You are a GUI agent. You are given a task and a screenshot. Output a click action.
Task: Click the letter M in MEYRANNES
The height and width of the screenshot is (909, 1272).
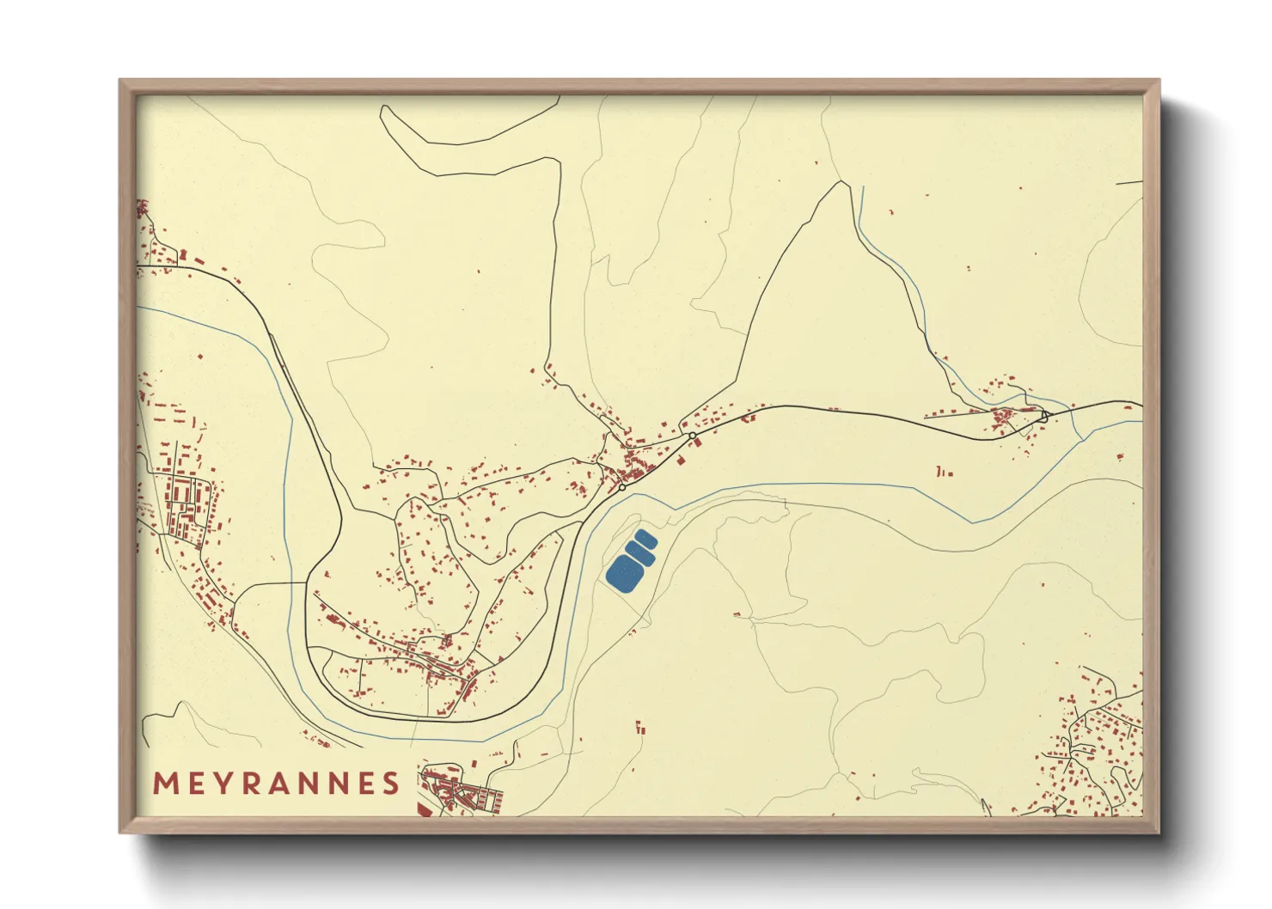[165, 784]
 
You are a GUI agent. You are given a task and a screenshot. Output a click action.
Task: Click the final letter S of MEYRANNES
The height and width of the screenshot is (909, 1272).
[392, 784]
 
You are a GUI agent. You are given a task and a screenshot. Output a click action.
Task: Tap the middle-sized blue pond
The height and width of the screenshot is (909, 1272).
[639, 554]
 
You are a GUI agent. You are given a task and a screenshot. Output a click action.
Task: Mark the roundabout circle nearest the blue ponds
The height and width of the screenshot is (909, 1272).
[621, 488]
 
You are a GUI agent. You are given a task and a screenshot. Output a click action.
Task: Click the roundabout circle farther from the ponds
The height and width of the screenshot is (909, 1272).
[692, 436]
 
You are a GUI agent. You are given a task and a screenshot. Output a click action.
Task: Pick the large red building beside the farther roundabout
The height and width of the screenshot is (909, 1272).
[698, 443]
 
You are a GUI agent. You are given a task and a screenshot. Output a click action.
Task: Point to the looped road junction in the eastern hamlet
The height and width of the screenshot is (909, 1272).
[1045, 415]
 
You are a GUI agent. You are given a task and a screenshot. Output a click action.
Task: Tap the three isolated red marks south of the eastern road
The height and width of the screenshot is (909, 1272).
[944, 472]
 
